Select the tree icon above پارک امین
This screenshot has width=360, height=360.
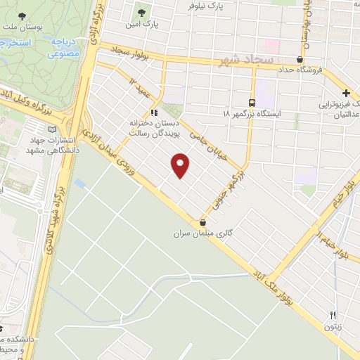(x=143, y=13)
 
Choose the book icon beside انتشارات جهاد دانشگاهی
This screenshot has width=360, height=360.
(x=52, y=129)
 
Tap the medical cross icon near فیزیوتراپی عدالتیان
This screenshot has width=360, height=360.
(x=346, y=94)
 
